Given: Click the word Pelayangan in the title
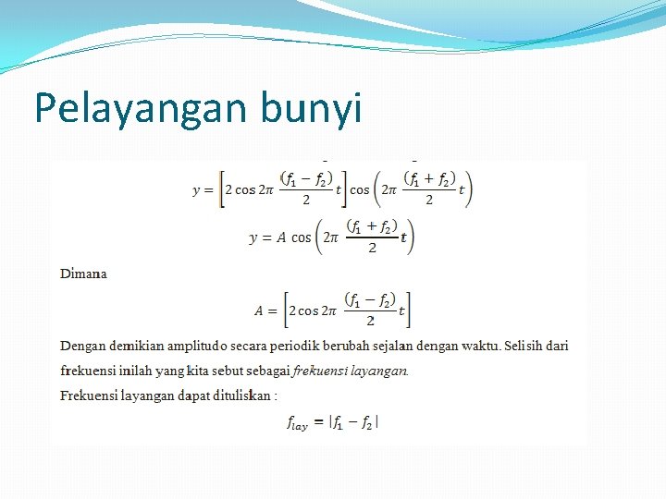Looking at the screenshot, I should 129,108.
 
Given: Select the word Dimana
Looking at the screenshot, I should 83,274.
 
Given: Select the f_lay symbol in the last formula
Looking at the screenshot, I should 296,424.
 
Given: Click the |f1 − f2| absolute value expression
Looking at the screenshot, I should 354,422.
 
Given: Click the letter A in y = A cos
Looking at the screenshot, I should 280,238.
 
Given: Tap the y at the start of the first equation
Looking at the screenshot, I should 196,190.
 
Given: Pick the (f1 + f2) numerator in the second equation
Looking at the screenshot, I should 371,226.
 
